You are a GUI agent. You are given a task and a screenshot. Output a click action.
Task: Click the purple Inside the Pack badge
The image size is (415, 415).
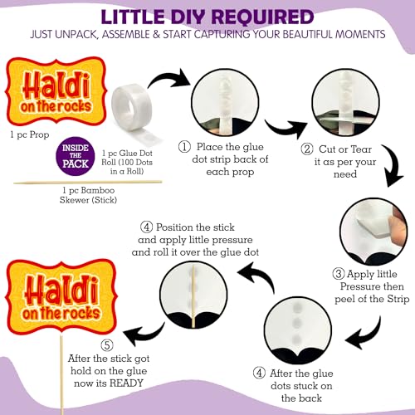pyautogui.click(x=76, y=156)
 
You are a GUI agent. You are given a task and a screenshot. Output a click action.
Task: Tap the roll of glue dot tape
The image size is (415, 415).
pyautogui.click(x=132, y=107)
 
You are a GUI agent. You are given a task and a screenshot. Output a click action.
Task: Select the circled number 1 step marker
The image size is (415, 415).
pyautogui.click(x=184, y=147)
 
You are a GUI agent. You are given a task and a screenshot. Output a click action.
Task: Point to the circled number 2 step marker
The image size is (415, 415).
pyautogui.click(x=307, y=149)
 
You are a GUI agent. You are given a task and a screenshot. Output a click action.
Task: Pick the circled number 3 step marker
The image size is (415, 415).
pyautogui.click(x=339, y=274)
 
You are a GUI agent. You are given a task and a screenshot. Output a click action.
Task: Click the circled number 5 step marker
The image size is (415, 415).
pyautogui.click(x=107, y=345)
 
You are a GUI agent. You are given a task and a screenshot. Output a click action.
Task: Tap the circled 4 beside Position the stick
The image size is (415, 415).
pyautogui.click(x=146, y=227)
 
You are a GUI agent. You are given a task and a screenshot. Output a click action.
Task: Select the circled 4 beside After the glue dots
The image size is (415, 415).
pyautogui.click(x=259, y=373)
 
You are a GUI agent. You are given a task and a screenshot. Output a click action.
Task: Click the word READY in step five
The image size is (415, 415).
pyautogui.click(x=126, y=383)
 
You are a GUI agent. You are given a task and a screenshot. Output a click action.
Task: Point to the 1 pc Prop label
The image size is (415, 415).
pyautogui.click(x=30, y=135)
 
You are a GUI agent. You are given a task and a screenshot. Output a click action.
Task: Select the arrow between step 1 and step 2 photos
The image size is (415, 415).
pyautogui.click(x=285, y=128)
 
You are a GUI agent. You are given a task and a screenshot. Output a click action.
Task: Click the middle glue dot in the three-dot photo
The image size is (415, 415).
pyautogui.click(x=297, y=322)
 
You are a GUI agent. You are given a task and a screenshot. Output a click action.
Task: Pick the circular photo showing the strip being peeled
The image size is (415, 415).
pyautogui.click(x=373, y=232)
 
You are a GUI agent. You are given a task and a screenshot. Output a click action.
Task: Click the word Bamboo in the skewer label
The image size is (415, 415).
pyautogui.click(x=98, y=190)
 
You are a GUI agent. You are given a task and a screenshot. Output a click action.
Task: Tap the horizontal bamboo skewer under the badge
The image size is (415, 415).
pyautogui.click(x=88, y=183)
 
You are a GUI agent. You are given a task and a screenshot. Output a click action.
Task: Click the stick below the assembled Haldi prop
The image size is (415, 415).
pyautogui.click(x=61, y=375)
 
